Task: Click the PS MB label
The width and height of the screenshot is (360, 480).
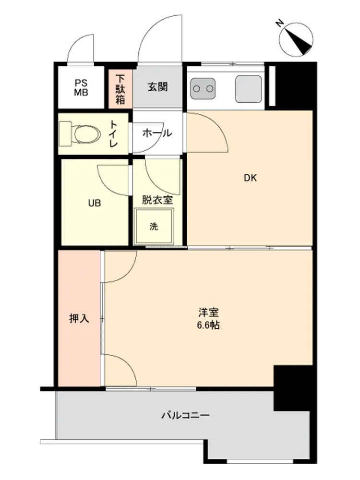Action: [x=81, y=87]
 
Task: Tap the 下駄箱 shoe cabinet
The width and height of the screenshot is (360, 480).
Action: [x=120, y=89]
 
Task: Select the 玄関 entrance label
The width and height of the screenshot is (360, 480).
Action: [x=157, y=87]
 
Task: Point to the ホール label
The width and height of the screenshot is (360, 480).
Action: [x=157, y=133]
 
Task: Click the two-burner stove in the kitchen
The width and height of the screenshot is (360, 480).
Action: [x=203, y=88]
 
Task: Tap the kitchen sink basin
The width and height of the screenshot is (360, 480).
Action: [x=249, y=89]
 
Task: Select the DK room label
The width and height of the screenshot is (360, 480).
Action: [x=250, y=178]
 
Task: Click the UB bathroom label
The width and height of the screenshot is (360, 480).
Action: [x=94, y=203]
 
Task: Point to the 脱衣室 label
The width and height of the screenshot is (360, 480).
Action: [x=157, y=200]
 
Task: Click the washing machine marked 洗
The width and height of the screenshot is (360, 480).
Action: [x=154, y=227]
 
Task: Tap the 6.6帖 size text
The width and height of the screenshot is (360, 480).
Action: [x=208, y=325]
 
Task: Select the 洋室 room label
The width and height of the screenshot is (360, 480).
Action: [x=208, y=312]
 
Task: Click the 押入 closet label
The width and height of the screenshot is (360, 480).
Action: [x=79, y=319]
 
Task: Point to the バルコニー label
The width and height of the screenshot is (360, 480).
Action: [x=185, y=415]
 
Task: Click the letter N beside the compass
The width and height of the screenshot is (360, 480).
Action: [x=279, y=23]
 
